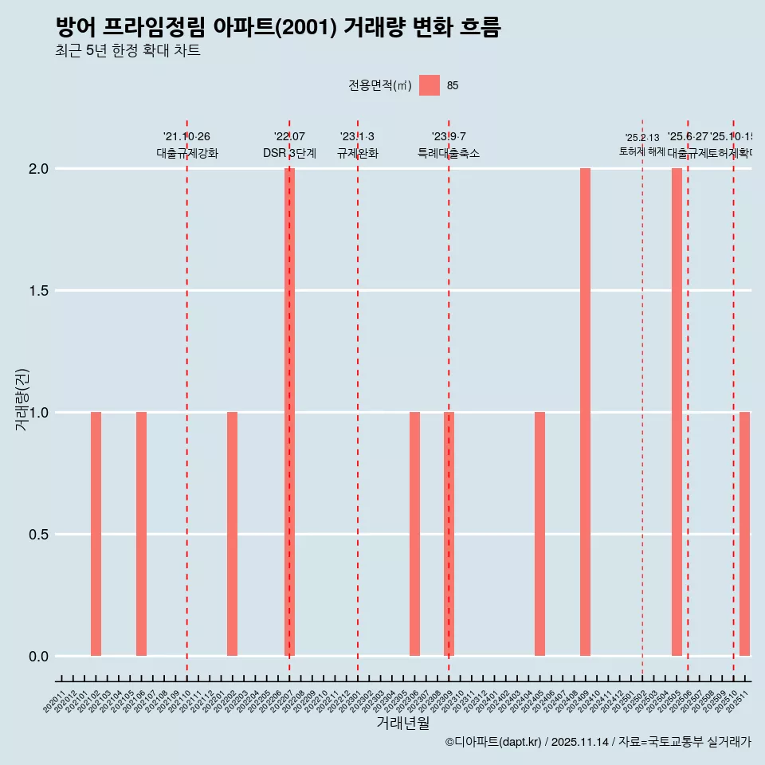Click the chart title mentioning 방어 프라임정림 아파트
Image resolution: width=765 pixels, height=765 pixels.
[278, 28]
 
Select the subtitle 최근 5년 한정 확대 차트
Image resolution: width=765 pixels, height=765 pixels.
[127, 51]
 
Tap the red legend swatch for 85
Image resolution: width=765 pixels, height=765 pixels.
[430, 85]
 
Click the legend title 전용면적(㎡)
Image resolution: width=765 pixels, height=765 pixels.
[380, 85]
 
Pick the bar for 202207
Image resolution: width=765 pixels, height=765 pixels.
[290, 412]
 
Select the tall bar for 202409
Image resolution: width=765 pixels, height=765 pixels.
[585, 412]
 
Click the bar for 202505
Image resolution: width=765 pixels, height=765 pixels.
[677, 412]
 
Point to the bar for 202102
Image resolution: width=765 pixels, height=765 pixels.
[96, 534]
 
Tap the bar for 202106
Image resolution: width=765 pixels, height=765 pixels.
[141, 534]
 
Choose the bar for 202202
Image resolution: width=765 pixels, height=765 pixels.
[233, 534]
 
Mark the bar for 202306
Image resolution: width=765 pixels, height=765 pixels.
[414, 534]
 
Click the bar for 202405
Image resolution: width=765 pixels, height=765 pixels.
[539, 534]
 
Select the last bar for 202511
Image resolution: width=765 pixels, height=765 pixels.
[744, 534]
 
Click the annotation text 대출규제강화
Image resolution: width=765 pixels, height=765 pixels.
[187, 153]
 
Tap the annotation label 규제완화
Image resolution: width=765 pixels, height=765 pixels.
[358, 153]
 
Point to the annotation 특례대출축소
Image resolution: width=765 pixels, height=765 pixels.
[449, 153]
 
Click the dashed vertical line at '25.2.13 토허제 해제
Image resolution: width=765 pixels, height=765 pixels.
[642, 398]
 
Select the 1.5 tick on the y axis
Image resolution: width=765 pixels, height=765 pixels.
[37, 291]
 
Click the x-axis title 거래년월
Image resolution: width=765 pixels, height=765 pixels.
[403, 724]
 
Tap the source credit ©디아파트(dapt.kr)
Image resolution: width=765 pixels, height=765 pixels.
[493, 742]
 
